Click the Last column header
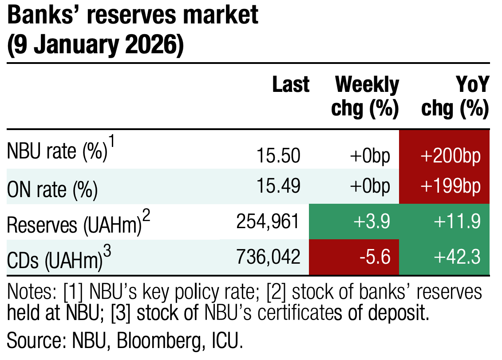(x=291, y=85)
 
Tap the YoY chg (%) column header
(x=455, y=96)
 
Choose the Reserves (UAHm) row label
(x=74, y=225)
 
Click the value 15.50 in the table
(x=279, y=156)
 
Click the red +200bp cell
(x=444, y=156)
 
